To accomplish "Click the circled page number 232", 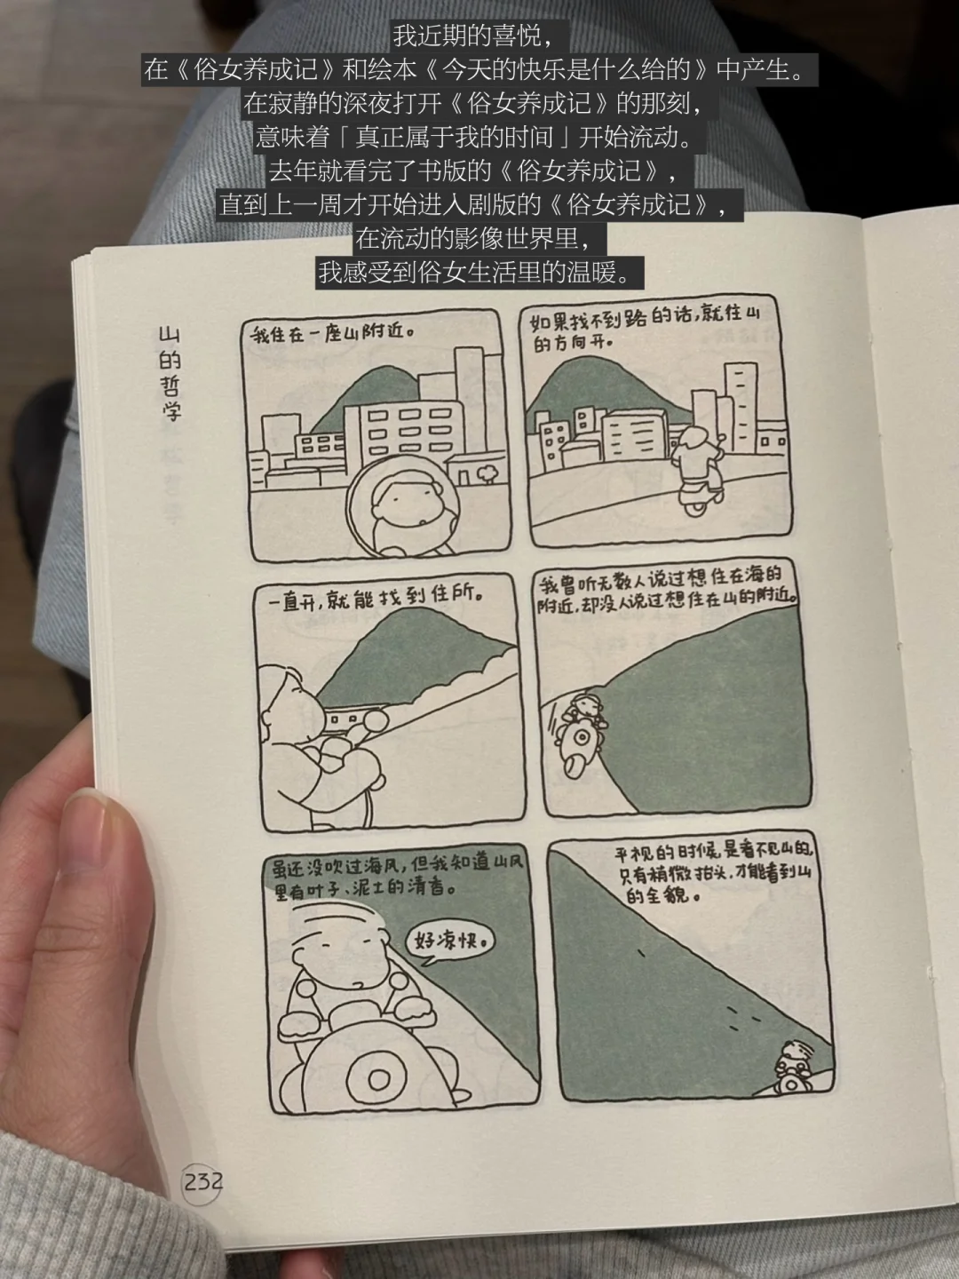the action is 202,1182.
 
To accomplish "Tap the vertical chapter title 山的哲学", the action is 170,373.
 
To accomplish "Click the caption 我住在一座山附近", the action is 332,333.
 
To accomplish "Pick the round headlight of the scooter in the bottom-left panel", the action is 377,1080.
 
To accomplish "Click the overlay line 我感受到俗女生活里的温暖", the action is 479,272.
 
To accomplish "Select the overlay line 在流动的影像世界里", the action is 472,238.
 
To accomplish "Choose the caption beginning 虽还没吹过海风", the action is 399,876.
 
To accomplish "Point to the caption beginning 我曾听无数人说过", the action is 667,589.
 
